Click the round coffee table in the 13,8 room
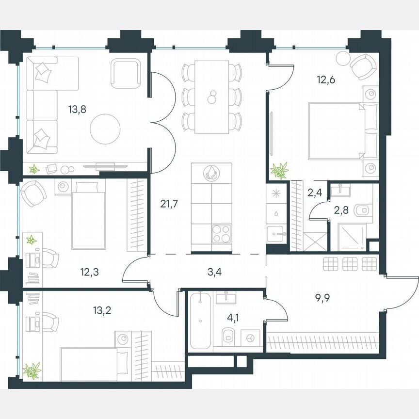[x=105, y=128]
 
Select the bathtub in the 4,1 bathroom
[x=199, y=320]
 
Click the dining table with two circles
[x=212, y=97]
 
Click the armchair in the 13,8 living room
[x=126, y=72]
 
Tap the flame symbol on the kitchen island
[x=212, y=173]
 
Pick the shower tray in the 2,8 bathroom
[x=349, y=237]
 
